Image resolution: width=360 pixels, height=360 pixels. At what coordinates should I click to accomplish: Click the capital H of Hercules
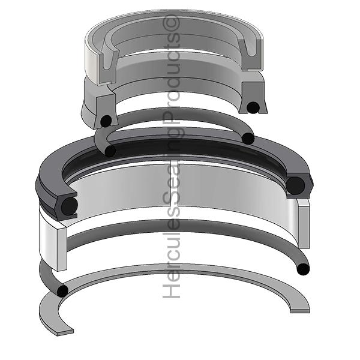(173, 291)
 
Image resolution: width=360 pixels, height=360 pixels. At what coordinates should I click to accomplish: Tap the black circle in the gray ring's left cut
(106, 120)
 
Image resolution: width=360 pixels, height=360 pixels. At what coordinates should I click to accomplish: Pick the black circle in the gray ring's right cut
(253, 107)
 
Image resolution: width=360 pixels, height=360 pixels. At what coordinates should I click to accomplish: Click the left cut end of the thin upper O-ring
(110, 151)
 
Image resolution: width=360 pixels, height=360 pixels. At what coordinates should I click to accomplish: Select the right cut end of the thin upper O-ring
(248, 139)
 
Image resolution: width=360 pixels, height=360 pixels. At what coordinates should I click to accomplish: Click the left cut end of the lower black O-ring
(62, 291)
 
